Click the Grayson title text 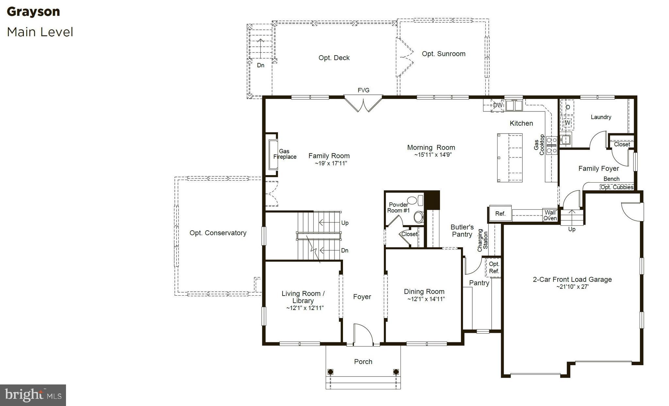(x=33, y=12)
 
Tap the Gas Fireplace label (x=285, y=154)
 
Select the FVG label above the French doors (x=363, y=90)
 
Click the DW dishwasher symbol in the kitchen (x=497, y=106)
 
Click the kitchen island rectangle (x=510, y=157)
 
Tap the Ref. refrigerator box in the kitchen (x=500, y=214)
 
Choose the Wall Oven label (x=550, y=216)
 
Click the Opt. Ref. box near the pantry (x=494, y=268)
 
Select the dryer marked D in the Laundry (x=568, y=107)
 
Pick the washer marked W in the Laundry (x=567, y=122)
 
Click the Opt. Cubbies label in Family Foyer (x=617, y=187)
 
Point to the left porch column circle (x=330, y=372)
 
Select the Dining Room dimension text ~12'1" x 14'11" (x=426, y=299)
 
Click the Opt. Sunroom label (x=443, y=54)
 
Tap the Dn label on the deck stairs (x=260, y=65)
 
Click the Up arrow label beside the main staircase (x=345, y=223)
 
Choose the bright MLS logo (x=33, y=395)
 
